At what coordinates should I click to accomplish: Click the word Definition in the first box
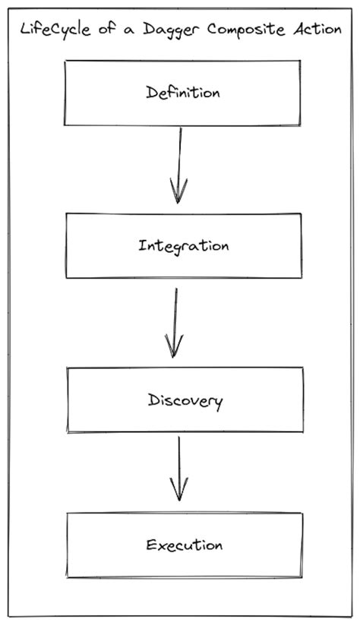(182, 93)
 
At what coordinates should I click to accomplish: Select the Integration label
(183, 246)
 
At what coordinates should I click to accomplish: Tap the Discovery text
(185, 400)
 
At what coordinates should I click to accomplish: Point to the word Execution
(184, 545)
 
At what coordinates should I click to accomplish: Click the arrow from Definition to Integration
(179, 163)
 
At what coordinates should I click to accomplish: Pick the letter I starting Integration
(142, 245)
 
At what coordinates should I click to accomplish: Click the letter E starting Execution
(150, 545)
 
